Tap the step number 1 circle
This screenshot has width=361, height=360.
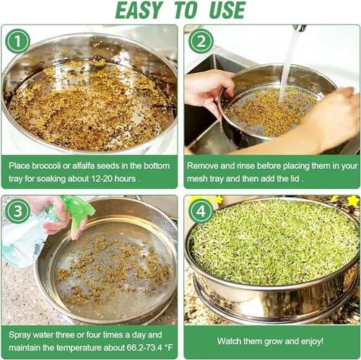point(17,41)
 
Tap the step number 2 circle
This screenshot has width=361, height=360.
point(200,41)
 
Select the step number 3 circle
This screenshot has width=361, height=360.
point(17,211)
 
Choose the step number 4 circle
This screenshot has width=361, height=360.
point(200,211)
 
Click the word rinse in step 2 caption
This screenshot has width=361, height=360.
point(252,165)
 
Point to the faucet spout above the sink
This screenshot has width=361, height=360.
point(299,28)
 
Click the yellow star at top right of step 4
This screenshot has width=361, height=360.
point(352,201)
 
